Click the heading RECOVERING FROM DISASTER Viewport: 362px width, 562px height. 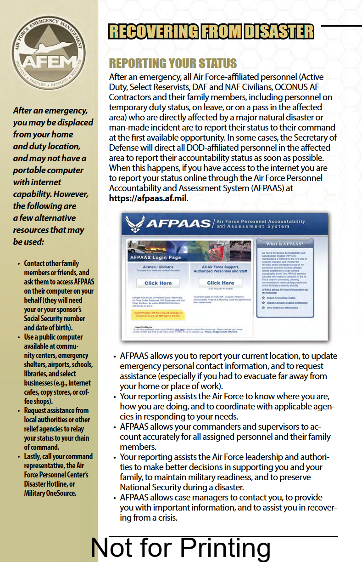[211, 31]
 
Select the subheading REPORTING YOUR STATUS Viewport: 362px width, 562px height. [173, 63]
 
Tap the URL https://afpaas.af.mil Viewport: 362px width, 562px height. [148, 199]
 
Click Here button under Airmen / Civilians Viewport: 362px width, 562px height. [158, 283]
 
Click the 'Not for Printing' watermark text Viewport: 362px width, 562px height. [181, 548]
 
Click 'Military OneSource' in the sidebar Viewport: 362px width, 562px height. [50, 493]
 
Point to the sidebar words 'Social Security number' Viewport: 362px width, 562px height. [55, 318]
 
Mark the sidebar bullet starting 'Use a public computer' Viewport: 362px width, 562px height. [53, 337]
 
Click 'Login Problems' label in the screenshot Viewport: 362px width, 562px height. [139, 327]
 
